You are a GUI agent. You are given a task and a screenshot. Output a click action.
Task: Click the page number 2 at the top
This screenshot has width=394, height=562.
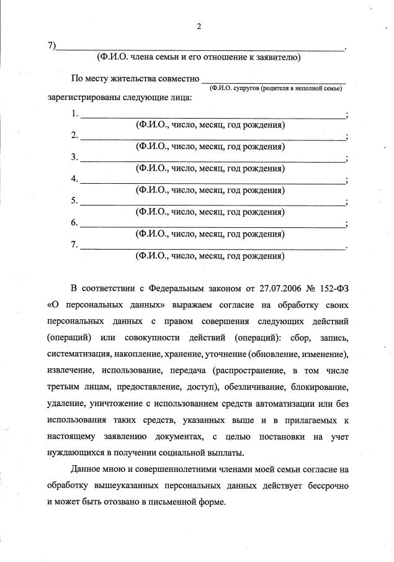pos(199,26)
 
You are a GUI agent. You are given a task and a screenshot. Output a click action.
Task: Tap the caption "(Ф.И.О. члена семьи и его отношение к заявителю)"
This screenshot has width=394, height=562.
pos(199,58)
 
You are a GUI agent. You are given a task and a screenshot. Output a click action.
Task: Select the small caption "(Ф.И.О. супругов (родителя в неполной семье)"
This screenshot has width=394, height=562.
pos(275,88)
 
